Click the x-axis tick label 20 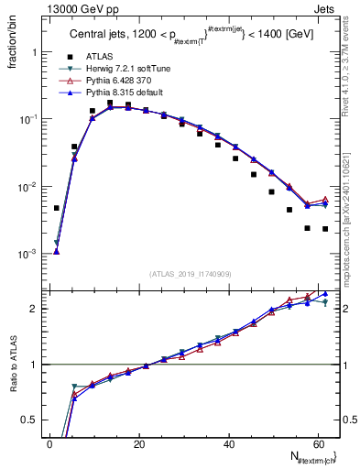click(139, 443)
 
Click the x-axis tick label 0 click(50, 443)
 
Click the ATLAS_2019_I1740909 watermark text click(190, 274)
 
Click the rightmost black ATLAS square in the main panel click(325, 229)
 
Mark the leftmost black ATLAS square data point click(57, 208)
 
